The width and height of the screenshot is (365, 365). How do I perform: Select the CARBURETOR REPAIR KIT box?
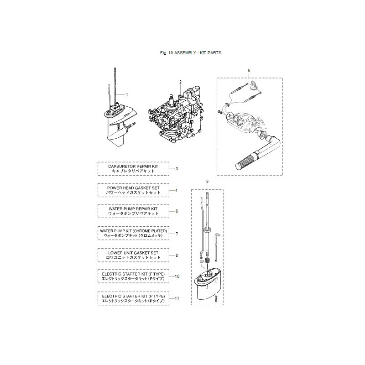point(134,168)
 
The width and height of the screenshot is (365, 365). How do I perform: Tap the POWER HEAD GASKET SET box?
point(134,190)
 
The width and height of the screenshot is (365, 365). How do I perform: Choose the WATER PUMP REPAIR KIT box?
point(134,211)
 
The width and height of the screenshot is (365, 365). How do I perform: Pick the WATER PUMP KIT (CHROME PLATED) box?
point(134,233)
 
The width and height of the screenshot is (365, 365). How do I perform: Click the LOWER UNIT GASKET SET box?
point(134,255)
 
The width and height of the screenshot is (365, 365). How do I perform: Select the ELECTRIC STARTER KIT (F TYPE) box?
point(134,276)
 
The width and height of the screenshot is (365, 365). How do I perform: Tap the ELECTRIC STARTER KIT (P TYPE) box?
point(134,298)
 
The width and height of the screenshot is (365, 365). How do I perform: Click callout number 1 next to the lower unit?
point(126,94)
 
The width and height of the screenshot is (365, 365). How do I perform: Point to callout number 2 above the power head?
point(180,82)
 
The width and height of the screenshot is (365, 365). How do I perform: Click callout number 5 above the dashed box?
point(249,71)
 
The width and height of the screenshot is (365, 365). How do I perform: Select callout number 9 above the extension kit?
point(207,182)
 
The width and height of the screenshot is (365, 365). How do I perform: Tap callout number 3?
point(177,169)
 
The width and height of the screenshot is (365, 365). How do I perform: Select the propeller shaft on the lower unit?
point(132,125)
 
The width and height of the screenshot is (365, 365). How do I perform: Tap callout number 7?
point(177,234)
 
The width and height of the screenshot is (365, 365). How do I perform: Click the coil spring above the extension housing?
point(207,261)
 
